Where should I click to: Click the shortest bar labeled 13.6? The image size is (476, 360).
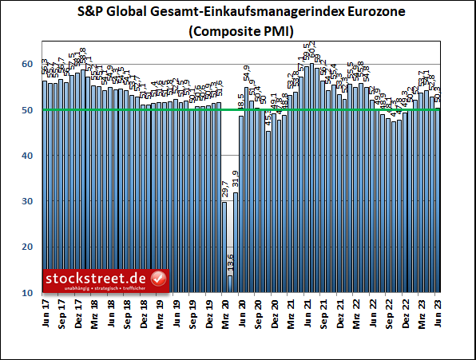pyautogui.click(x=230, y=284)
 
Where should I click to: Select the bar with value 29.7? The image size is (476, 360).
pyautogui.click(x=224, y=247)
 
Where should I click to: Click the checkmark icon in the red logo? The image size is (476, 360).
pyautogui.click(x=158, y=279)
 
